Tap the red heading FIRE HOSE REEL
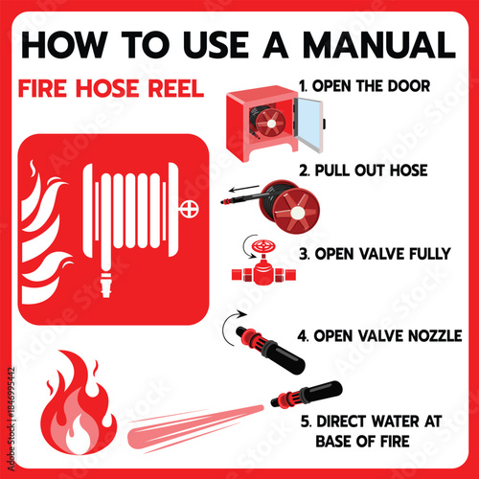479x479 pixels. coord(111,89)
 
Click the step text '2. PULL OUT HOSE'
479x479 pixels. coord(362,171)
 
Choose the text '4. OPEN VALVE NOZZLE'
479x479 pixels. coord(380,336)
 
